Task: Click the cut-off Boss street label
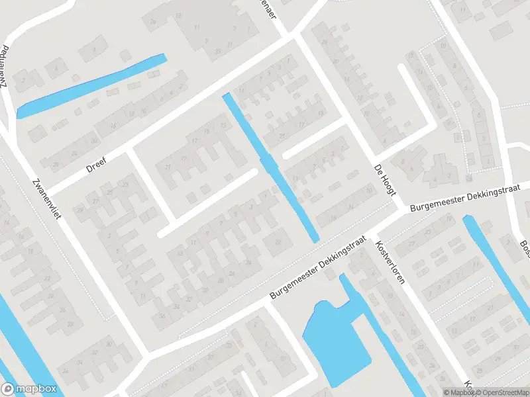pyautogui.click(x=524, y=248)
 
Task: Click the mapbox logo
pyautogui.click(x=29, y=388)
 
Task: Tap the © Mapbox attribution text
pyautogui.click(x=459, y=392)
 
